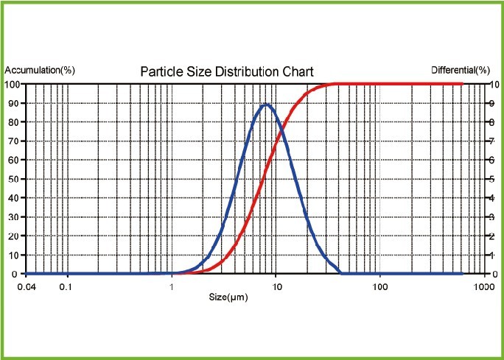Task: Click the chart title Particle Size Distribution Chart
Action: [227, 71]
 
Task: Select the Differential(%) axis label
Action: [460, 70]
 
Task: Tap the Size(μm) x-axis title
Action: [227, 297]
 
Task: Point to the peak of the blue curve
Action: [265, 105]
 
